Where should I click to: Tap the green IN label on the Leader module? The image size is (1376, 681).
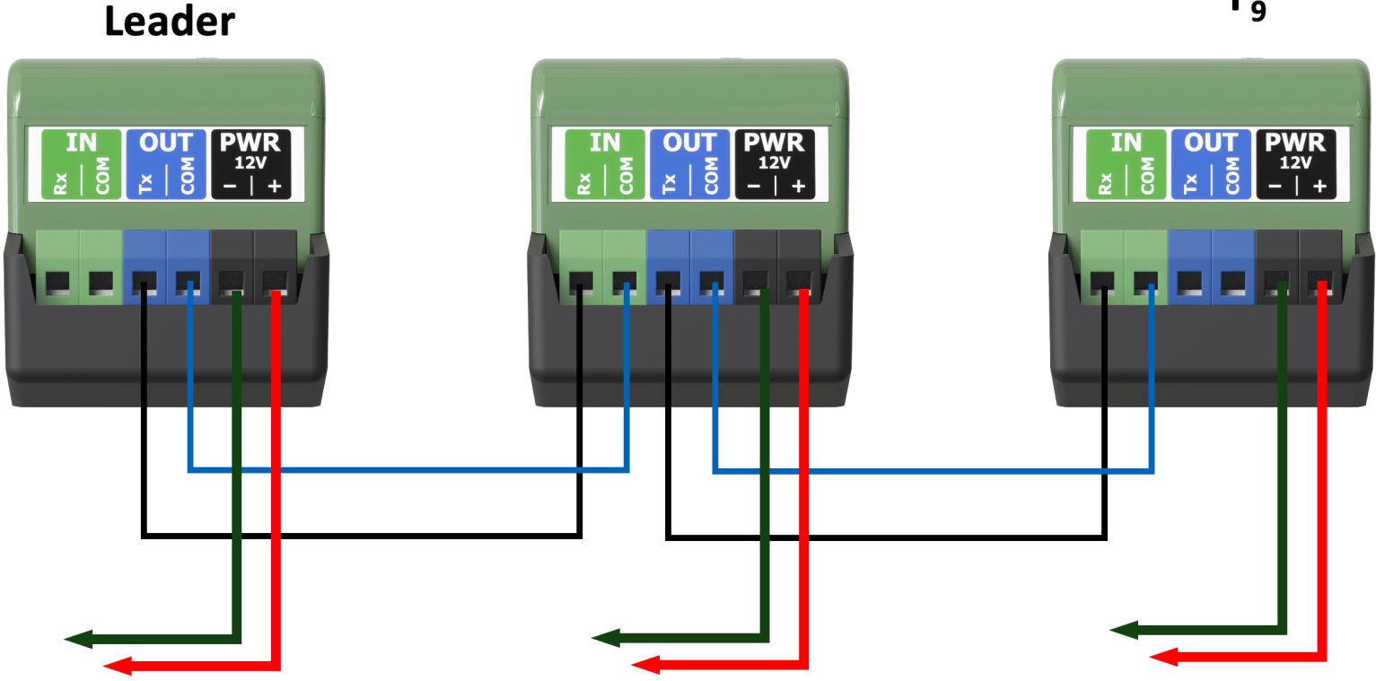(82, 143)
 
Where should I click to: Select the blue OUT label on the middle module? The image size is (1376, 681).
(689, 143)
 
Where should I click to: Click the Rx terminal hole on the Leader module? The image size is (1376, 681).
(57, 285)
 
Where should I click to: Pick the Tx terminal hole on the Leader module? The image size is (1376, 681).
(144, 285)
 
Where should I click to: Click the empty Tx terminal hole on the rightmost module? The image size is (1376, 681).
(1188, 285)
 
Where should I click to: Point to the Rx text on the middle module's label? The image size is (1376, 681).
(583, 184)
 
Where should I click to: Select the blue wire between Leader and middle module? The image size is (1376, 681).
(404, 469)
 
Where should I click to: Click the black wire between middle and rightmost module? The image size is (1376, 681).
(884, 537)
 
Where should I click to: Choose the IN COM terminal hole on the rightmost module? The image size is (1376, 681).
(1144, 285)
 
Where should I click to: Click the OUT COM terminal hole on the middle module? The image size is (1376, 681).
(712, 285)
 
